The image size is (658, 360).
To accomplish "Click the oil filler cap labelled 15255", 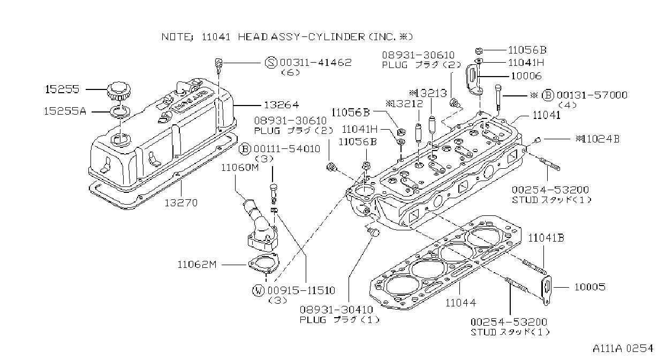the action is click(119, 91).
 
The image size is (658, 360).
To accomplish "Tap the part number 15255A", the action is click(65, 111).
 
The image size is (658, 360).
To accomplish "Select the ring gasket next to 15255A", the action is click(120, 112).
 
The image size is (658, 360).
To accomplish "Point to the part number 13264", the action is click(282, 105).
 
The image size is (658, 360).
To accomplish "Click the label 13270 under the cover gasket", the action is click(181, 203).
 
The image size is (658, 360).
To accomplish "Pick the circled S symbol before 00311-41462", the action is click(271, 63).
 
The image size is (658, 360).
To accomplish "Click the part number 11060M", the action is click(240, 168).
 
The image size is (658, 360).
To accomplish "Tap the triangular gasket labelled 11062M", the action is click(263, 264).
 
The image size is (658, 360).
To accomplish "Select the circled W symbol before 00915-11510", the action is click(258, 291).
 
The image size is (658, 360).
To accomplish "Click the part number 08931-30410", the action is click(336, 310).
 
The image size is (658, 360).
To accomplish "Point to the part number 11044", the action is click(460, 303).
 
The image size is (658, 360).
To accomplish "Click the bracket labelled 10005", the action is click(547, 290).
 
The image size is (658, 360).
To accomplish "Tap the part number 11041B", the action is click(546, 238).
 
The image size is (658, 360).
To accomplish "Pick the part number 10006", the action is click(526, 76).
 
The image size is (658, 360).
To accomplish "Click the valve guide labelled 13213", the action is click(432, 123).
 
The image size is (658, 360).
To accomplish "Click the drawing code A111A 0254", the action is click(623, 349).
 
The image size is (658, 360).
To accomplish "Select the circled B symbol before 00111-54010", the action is click(245, 149).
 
